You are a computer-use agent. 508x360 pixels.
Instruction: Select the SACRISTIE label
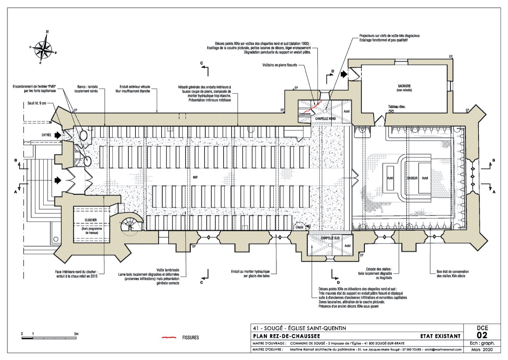click(402, 86)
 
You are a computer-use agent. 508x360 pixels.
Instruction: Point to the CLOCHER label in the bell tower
click(91, 220)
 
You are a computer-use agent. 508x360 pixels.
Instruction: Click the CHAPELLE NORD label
click(325, 119)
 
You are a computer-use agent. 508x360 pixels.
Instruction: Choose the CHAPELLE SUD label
click(330, 238)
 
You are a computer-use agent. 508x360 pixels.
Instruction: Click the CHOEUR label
click(412, 178)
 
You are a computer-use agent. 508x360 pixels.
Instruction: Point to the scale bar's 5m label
click(76, 334)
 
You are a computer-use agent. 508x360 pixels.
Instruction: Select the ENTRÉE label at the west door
click(47, 135)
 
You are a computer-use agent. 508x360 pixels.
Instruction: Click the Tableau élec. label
click(397, 107)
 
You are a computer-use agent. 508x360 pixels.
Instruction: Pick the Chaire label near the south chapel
click(299, 227)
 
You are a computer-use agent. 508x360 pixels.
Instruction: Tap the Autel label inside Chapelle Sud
click(347, 246)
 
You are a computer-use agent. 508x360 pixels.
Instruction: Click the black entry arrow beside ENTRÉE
click(58, 135)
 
